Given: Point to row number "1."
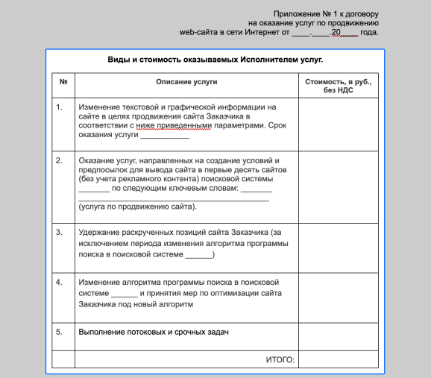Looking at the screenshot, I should [60, 107].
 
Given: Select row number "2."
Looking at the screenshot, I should [60, 160].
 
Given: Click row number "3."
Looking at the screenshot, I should [60, 232].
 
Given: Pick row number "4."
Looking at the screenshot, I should [60, 283].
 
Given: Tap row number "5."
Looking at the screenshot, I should [60, 331].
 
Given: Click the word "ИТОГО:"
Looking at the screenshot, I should [280, 359].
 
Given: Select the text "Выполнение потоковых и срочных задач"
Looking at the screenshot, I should [152, 331].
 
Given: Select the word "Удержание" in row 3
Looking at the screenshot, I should [99, 232].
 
